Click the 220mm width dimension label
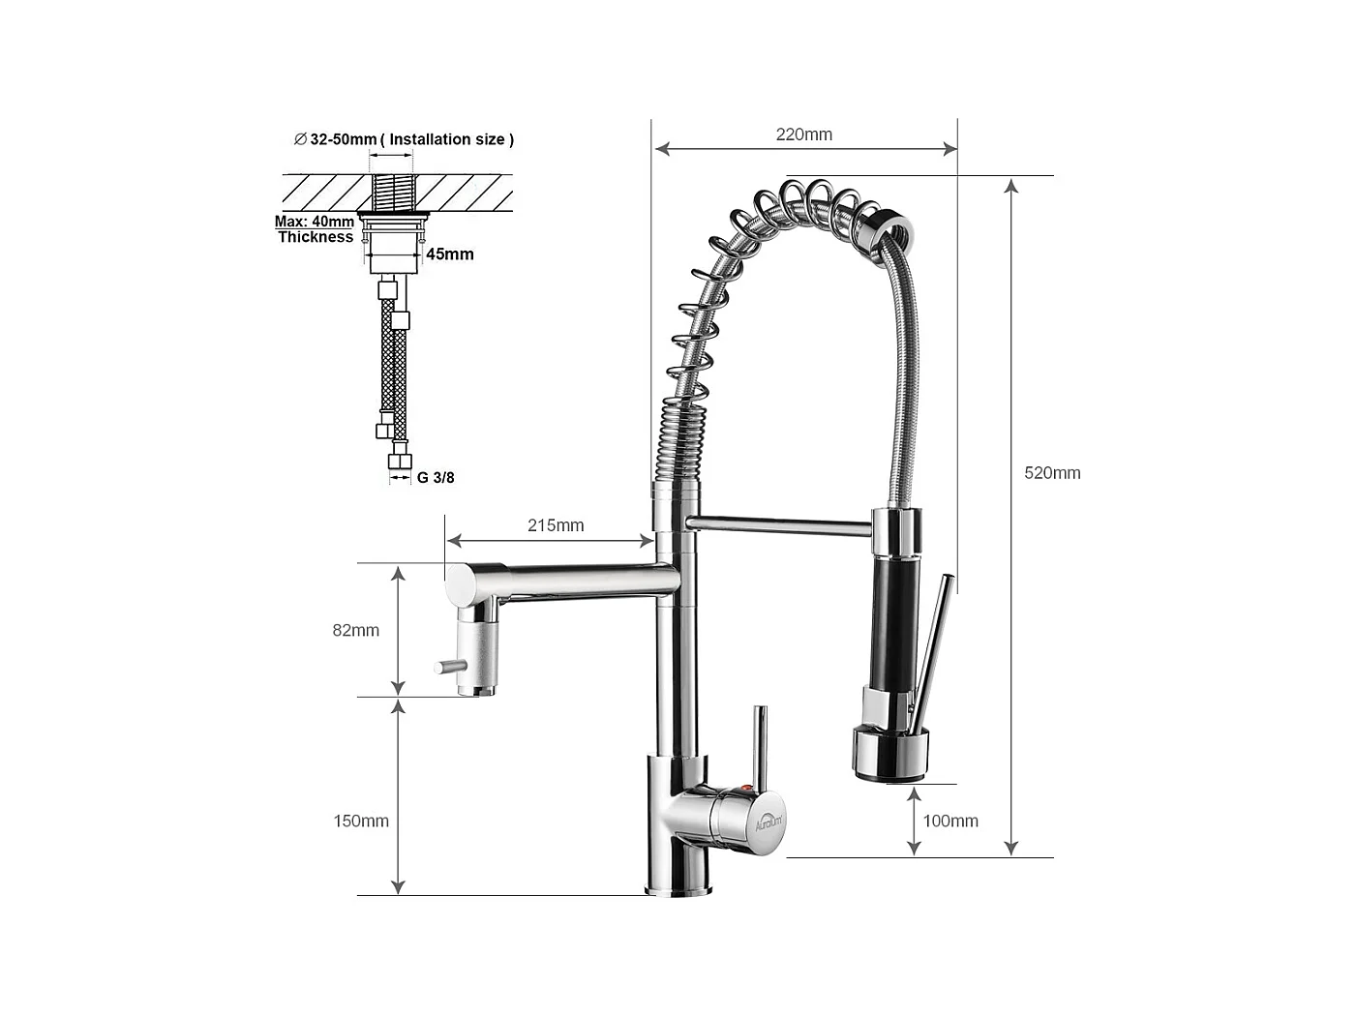click(803, 134)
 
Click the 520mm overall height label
click(1052, 473)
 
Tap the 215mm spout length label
click(556, 525)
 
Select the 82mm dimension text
click(355, 630)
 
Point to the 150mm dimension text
click(361, 821)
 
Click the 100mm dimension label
click(949, 821)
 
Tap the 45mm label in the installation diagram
click(450, 254)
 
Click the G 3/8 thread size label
click(436, 477)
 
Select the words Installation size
click(447, 139)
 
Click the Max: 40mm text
click(314, 222)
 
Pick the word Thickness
click(316, 237)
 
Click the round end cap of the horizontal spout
click(459, 584)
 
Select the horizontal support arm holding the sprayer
click(779, 525)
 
